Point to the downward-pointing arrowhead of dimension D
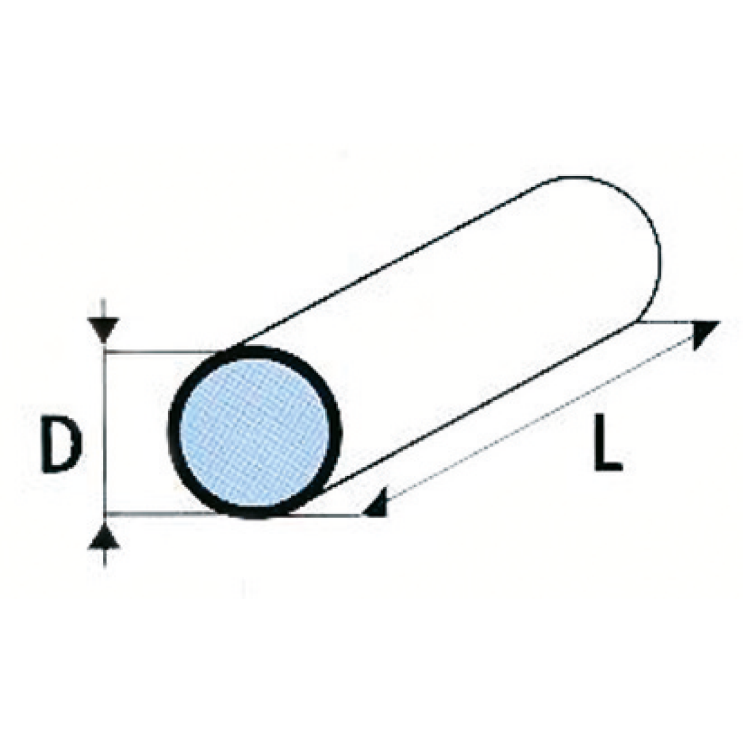pos(106,331)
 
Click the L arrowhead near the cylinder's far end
pos(704,333)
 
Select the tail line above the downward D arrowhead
pos(106,309)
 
